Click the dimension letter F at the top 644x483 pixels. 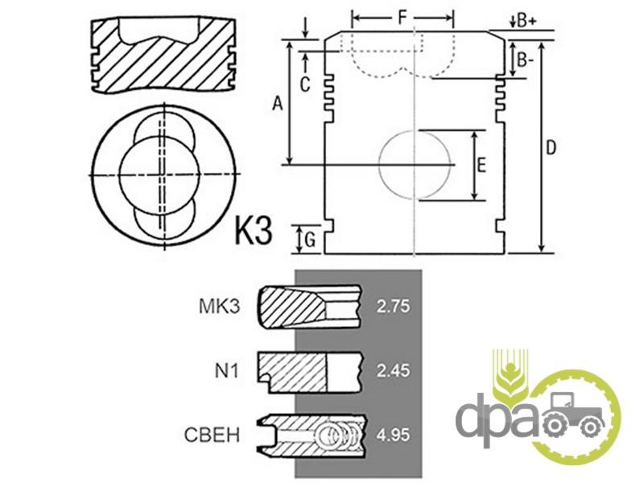click(x=402, y=17)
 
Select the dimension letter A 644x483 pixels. click(x=278, y=104)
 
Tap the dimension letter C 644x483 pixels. click(x=304, y=85)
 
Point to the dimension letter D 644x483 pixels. click(x=551, y=147)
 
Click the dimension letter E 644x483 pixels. click(x=481, y=165)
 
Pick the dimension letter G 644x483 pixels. click(x=311, y=239)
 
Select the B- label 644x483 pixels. click(x=526, y=61)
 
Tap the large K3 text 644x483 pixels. click(x=254, y=230)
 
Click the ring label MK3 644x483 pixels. click(x=219, y=307)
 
